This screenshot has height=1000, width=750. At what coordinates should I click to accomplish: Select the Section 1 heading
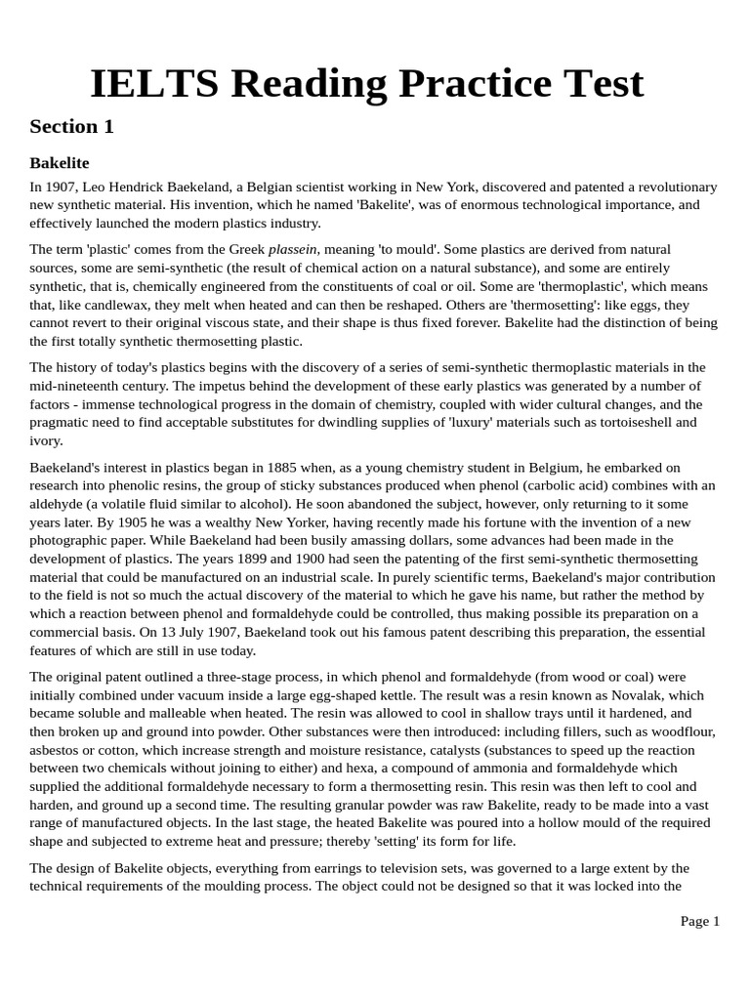click(71, 126)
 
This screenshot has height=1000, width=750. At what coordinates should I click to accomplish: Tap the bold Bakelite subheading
click(59, 162)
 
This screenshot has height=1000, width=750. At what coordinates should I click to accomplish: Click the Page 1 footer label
click(699, 921)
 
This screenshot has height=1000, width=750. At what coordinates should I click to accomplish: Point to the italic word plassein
click(293, 249)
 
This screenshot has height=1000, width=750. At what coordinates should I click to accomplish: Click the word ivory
click(46, 440)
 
